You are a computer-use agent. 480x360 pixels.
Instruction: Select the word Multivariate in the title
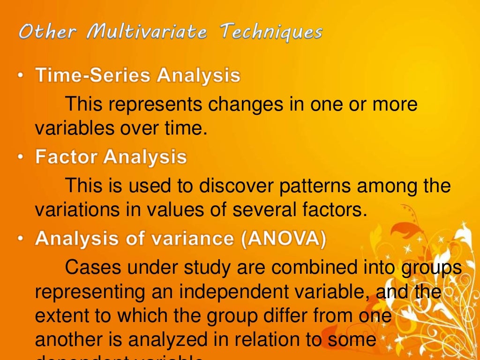[143, 33]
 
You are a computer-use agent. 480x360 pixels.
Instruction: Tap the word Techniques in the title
[272, 33]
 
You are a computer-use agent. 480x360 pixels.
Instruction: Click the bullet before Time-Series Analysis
[22, 76]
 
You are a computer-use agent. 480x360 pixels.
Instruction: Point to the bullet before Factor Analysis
[22, 157]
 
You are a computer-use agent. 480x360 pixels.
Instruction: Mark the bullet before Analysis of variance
[22, 239]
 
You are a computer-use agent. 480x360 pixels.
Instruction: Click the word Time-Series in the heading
[93, 76]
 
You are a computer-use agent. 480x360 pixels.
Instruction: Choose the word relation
[269, 340]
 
